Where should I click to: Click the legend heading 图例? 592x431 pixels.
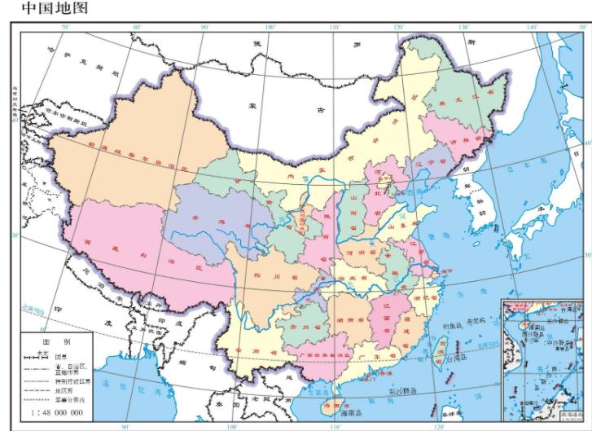tap(55, 341)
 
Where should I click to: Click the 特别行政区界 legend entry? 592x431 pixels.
tap(73, 380)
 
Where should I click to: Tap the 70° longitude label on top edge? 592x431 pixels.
tap(64, 29)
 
